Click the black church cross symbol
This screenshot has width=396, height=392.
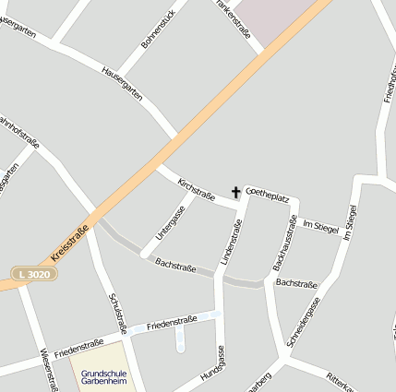point(235,193)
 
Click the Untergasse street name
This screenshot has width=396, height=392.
point(170,221)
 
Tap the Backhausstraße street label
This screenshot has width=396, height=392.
point(284,244)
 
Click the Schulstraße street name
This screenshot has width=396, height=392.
point(116,314)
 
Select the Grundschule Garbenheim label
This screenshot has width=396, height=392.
point(102,377)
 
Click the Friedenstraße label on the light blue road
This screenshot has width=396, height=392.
point(172,323)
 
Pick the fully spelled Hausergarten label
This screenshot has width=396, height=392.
point(122,83)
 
